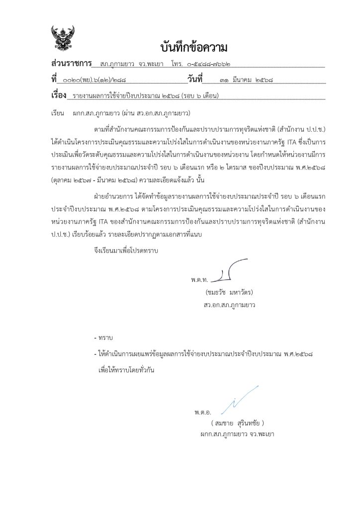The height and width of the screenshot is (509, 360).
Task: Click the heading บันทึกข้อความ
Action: point(194,48)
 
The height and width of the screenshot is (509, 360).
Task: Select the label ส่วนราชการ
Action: point(72,64)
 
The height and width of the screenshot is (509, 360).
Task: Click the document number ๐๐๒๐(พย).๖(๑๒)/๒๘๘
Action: point(91,80)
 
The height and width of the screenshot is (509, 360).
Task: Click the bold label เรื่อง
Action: point(59,94)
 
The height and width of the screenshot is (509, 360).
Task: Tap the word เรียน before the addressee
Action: point(59,113)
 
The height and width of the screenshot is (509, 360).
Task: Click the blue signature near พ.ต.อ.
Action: point(239,400)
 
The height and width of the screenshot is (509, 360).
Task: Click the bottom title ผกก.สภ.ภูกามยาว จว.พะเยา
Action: point(237,433)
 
